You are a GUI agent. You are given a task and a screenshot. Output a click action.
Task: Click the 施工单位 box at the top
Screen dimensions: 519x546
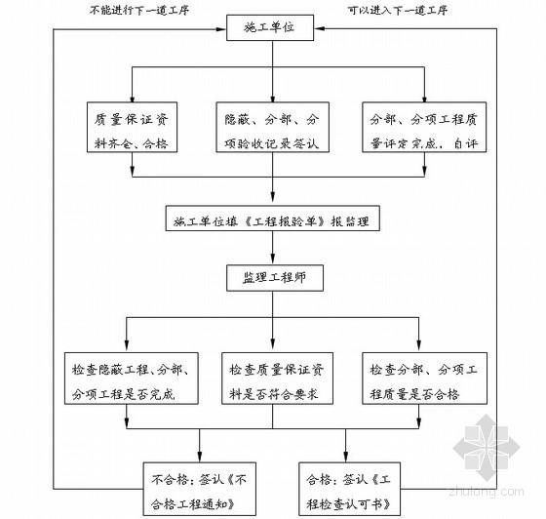click(x=275, y=29)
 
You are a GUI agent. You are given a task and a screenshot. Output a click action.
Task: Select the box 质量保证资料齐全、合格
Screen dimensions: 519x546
click(x=133, y=132)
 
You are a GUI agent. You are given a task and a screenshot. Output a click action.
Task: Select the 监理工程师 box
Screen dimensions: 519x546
click(x=275, y=276)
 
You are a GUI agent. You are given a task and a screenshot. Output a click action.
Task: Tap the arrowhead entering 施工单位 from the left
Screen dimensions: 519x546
click(x=223, y=29)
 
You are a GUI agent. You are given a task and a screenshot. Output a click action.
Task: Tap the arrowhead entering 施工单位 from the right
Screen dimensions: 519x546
click(x=326, y=29)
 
